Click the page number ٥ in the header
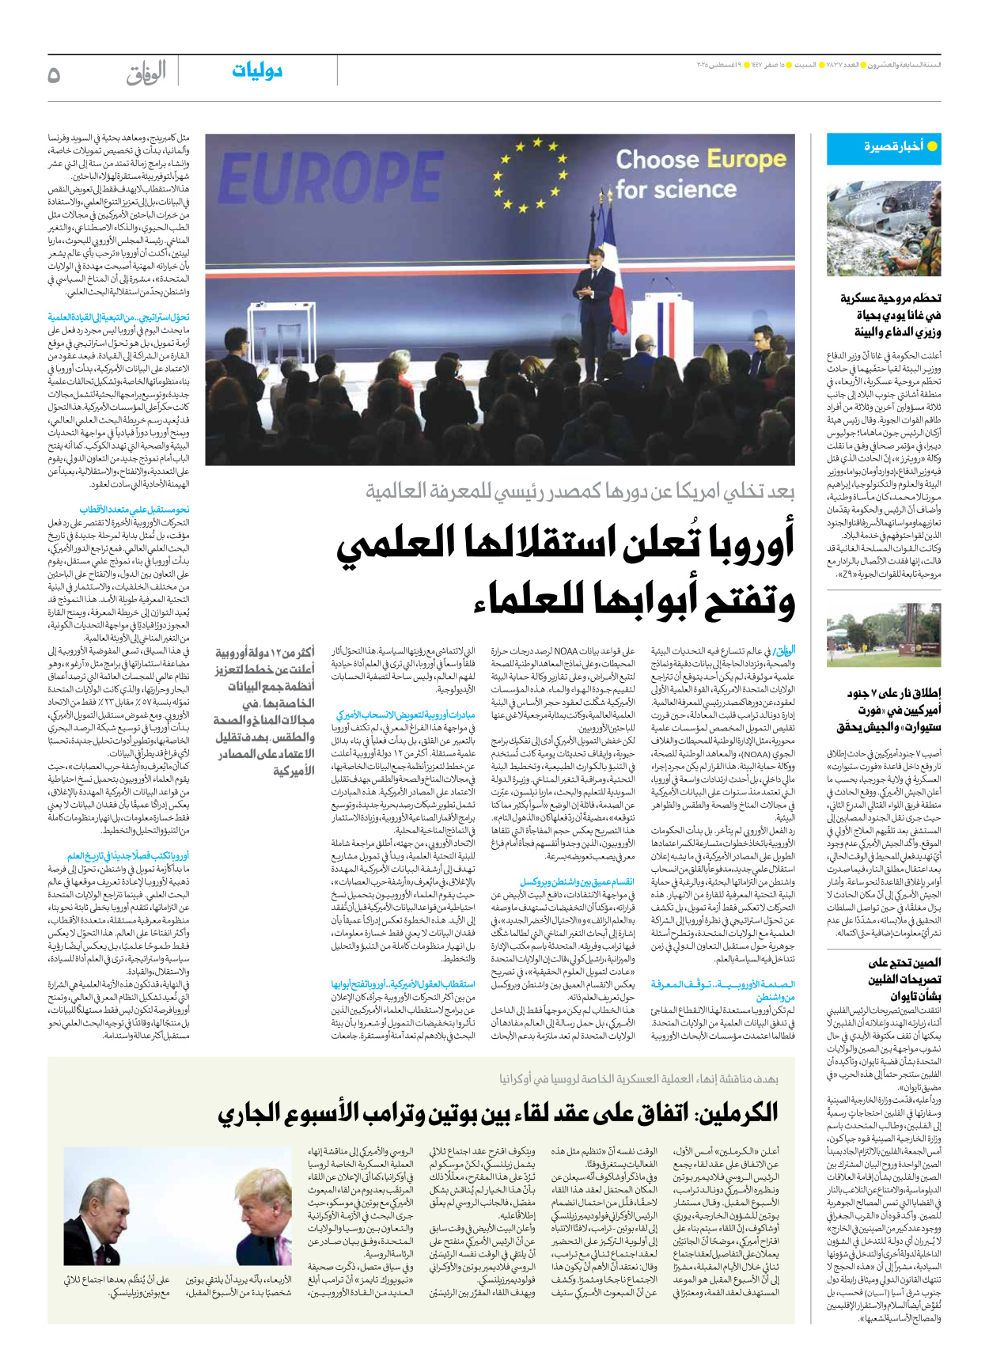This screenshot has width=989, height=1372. (54, 74)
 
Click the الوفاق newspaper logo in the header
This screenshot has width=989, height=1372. (146, 74)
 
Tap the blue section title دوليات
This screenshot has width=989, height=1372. (257, 71)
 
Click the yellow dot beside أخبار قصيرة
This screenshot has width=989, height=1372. (932, 146)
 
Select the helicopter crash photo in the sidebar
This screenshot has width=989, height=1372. (884, 229)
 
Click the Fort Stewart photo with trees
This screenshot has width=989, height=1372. (884, 636)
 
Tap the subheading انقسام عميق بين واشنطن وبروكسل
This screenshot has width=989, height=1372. (577, 882)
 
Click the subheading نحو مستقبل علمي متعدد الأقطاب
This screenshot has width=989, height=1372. (135, 510)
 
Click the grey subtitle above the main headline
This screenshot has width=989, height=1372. (580, 492)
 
